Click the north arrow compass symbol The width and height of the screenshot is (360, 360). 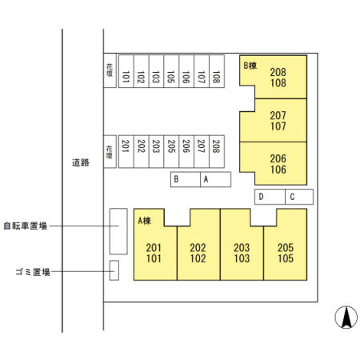pos(346,318)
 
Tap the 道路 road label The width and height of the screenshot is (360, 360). pos(80,162)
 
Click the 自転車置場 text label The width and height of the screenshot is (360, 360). pos(25,226)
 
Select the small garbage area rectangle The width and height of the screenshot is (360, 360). pos(114,270)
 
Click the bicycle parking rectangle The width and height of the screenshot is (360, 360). pos(118,230)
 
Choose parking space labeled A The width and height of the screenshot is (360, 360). pos(215,180)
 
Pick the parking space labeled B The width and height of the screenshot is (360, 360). pos(185,180)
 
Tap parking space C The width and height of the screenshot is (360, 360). pos(298,197)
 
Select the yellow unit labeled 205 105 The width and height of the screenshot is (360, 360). pos(286,253)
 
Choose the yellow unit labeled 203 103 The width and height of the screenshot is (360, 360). pos(242,253)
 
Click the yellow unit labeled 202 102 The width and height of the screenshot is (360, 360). pos(198,253)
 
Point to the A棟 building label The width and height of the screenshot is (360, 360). pos(145,220)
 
